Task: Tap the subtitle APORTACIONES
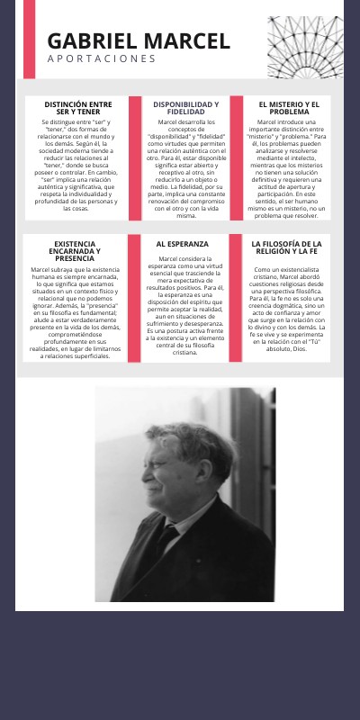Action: [x=102, y=59]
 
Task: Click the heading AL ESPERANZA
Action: [x=182, y=244]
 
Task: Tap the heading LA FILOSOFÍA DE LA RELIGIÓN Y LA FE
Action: [x=286, y=247]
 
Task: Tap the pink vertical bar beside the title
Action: [x=29, y=27]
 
